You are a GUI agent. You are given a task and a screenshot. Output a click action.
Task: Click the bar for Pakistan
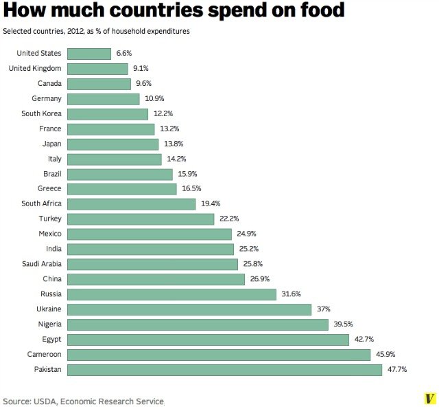[225, 370]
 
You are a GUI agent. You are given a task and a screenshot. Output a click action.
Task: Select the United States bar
[89, 54]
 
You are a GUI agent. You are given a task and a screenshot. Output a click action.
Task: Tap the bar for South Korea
[108, 114]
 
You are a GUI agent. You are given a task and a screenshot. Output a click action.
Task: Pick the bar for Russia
[171, 294]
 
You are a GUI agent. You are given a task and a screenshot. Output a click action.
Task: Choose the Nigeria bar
[198, 324]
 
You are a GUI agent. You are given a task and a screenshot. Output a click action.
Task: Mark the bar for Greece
[122, 189]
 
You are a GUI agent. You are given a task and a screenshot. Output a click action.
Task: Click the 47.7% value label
[396, 370]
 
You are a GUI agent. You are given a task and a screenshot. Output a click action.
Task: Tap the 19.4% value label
[210, 204]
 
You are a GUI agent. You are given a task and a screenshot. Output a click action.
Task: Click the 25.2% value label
[249, 249]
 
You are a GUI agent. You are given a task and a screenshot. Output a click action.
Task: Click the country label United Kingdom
[35, 69]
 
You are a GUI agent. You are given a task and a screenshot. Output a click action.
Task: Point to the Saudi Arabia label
[41, 264]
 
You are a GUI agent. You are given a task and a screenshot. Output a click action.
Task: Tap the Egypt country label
[51, 340]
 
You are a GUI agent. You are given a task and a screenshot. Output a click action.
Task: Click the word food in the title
[313, 12]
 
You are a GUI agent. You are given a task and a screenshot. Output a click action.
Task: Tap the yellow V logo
[430, 399]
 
